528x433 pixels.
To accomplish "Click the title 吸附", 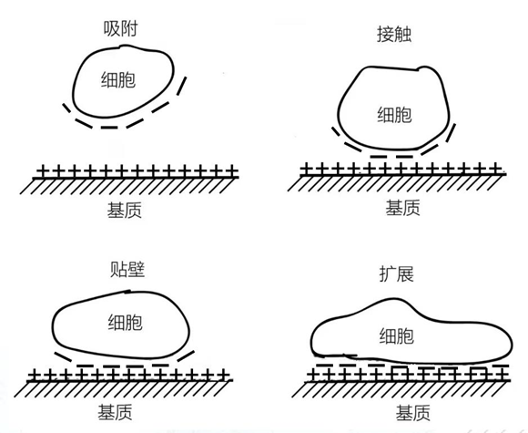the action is coord(120,28).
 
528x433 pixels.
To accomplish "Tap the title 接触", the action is coord(394,34).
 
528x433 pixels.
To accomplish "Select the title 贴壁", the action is coord(127,270).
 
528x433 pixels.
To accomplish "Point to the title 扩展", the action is coord(396,273).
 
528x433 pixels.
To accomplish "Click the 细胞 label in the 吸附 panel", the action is coord(118,80).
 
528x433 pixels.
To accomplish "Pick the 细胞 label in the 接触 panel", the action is coord(394,115).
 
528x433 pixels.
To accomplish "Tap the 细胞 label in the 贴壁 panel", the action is coord(126,322).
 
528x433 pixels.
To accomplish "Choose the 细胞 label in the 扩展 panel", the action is coord(396,335).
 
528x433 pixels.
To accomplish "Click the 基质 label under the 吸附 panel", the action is coord(124,210).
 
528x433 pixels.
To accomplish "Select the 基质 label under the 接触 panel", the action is coord(402,208).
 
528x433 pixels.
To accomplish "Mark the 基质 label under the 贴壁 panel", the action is coord(115,412).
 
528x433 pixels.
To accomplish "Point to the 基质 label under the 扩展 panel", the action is coord(412,413).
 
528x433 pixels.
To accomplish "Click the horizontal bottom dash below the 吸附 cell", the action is coord(109,128).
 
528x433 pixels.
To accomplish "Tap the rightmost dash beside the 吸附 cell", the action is coord(181,86).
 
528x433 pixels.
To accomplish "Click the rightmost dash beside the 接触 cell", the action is coord(451,133).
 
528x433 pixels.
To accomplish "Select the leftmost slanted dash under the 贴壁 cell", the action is coord(63,356).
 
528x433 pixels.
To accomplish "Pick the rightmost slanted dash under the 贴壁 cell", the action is coord(186,356).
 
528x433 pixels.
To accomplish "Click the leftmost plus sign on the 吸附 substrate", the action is coord(42,171).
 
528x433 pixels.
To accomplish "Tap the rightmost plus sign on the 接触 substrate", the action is coord(495,169).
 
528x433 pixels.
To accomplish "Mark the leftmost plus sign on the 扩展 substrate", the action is coord(314,375).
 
